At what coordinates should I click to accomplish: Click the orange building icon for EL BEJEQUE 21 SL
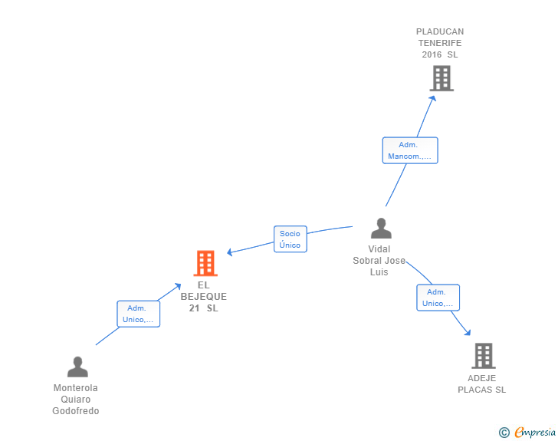[205, 263]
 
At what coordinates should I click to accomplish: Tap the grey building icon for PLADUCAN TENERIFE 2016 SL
[441, 78]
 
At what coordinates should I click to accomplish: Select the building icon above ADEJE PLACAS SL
[484, 356]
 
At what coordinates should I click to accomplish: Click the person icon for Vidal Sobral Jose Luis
[381, 229]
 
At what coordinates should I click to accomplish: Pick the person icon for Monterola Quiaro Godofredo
[77, 367]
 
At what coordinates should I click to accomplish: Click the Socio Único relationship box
[290, 239]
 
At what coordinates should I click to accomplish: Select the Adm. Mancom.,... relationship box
[410, 150]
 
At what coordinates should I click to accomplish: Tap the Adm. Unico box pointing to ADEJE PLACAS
[438, 298]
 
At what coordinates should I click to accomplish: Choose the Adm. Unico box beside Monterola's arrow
[139, 314]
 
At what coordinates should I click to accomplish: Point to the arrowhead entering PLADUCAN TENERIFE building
[433, 99]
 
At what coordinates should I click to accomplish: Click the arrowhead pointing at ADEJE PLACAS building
[468, 332]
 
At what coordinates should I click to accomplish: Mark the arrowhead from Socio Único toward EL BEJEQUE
[230, 252]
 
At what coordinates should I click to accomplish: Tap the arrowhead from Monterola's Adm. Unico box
[178, 286]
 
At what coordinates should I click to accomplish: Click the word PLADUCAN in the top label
[440, 31]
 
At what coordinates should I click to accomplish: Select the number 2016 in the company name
[432, 54]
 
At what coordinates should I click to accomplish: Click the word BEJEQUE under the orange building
[204, 297]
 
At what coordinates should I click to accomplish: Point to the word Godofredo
[76, 411]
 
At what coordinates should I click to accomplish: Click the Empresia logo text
[535, 433]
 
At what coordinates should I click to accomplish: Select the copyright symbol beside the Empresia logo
[504, 433]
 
